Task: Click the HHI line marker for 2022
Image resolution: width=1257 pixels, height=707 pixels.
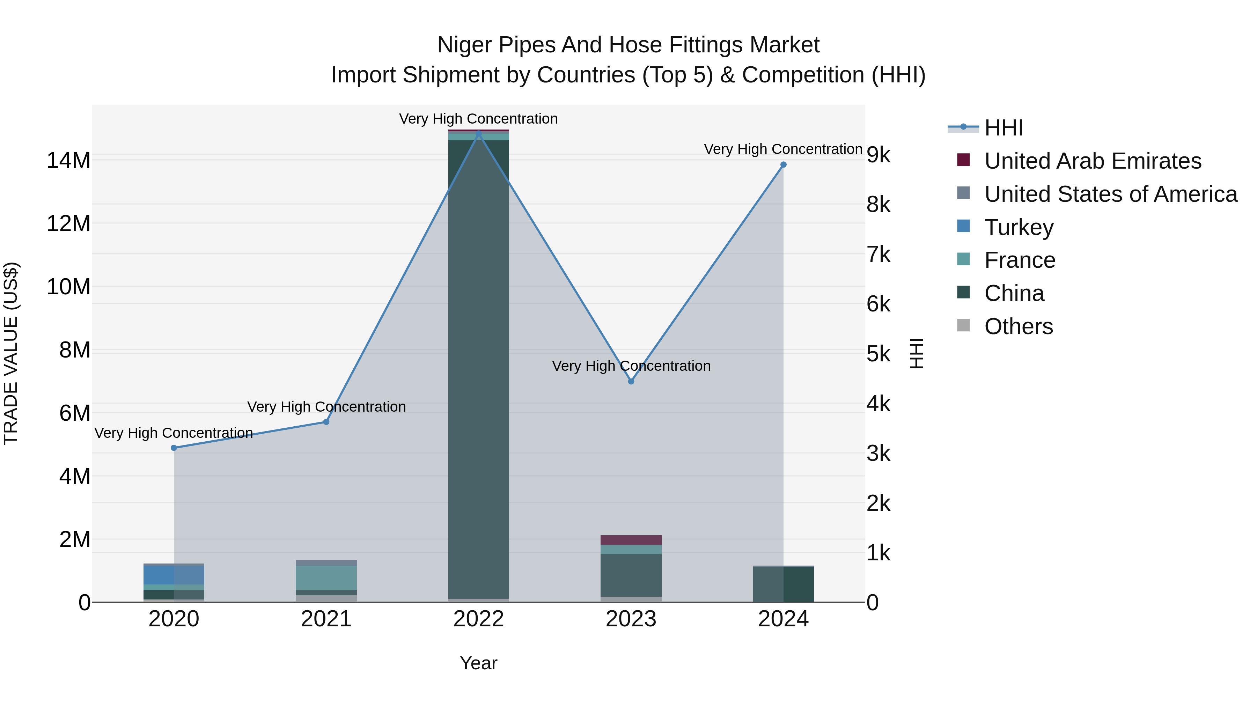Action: [478, 134]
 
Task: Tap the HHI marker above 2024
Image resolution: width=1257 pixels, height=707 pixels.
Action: [783, 165]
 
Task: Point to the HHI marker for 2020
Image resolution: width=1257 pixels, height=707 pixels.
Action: [174, 448]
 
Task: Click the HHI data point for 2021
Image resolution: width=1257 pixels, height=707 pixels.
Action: [326, 422]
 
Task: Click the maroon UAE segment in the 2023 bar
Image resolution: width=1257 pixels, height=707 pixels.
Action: [631, 540]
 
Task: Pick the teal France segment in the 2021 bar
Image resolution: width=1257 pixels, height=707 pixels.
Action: [326, 578]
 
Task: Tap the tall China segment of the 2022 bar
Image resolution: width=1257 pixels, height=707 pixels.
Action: [478, 366]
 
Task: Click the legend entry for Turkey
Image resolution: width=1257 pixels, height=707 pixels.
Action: [1019, 227]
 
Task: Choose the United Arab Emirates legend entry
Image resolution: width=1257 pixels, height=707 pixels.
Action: [1092, 161]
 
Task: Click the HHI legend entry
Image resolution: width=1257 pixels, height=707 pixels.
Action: [1003, 128]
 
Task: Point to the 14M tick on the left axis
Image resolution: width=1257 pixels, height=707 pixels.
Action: [68, 161]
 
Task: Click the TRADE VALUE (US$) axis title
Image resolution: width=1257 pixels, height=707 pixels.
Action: [11, 353]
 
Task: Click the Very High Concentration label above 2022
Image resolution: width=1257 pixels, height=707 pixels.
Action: [478, 119]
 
